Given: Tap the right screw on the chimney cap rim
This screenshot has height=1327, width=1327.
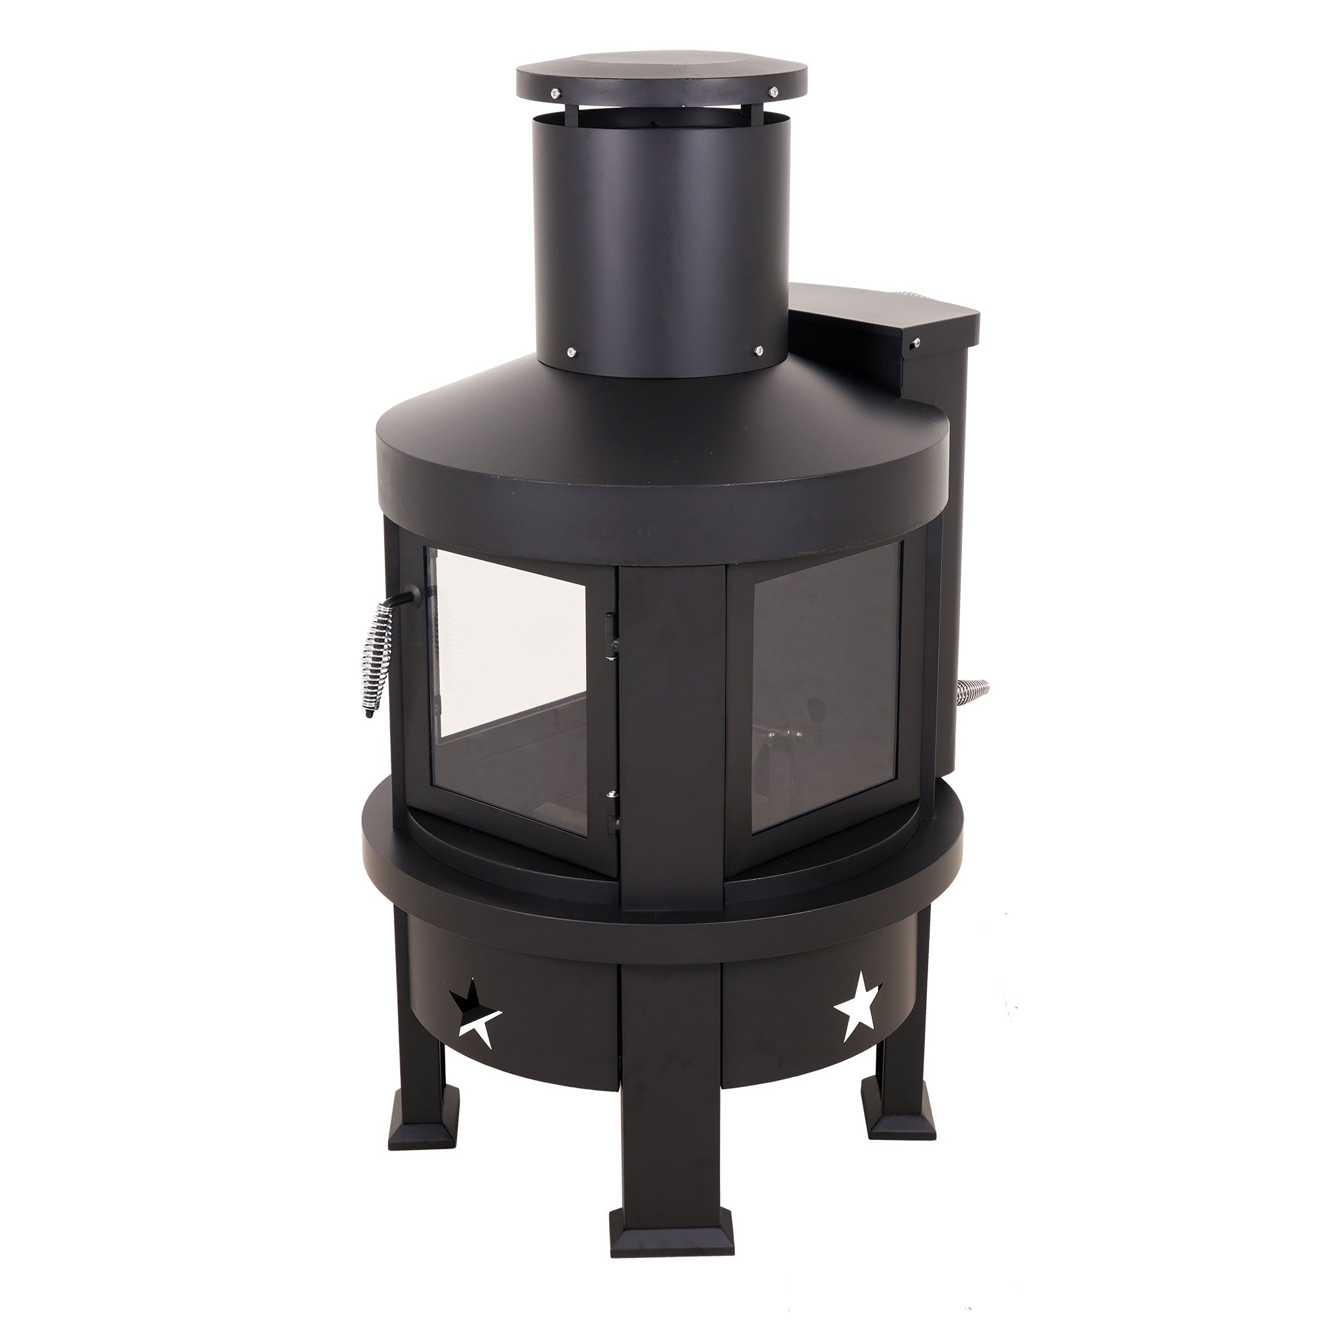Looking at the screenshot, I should (x=775, y=91).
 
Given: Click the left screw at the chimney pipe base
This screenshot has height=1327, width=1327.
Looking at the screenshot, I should (x=571, y=352).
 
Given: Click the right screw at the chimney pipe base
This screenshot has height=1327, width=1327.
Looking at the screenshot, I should (x=759, y=350).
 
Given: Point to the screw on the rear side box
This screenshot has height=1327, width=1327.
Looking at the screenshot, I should (x=914, y=346).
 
